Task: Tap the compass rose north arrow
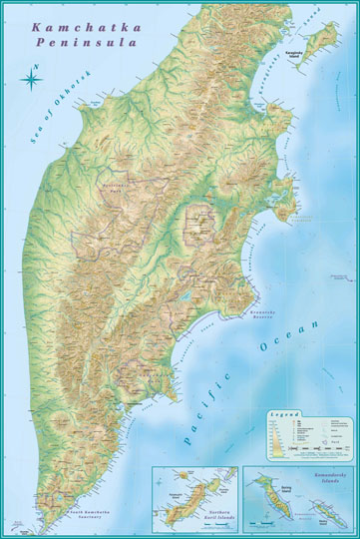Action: click(x=31, y=76)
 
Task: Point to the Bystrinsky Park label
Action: click(x=117, y=186)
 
